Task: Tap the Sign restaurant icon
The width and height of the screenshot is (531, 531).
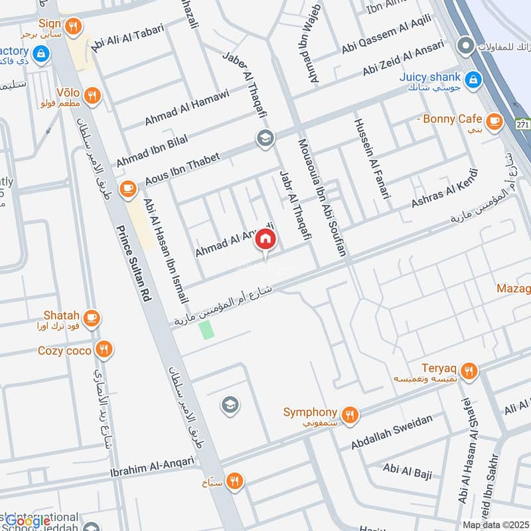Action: (x=75, y=27)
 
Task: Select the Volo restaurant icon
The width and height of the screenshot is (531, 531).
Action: (x=92, y=94)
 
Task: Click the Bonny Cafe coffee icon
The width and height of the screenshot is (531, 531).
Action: (x=493, y=120)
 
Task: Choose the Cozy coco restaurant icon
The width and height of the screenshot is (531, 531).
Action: (x=104, y=349)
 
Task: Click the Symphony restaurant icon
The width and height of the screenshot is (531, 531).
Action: (x=350, y=415)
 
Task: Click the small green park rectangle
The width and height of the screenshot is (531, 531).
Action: (x=208, y=329)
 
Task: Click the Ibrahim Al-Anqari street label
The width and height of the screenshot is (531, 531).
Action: (x=152, y=468)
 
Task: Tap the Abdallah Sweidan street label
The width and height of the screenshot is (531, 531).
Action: (x=392, y=432)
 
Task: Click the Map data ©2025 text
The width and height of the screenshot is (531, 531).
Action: (x=495, y=524)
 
